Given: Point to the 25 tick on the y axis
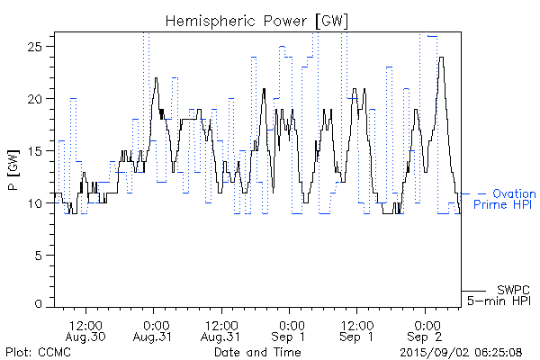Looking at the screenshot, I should (x=40, y=46).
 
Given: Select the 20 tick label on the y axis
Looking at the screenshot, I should (x=40, y=98).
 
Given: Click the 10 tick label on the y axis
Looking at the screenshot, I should (x=40, y=203).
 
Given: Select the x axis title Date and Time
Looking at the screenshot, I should (x=256, y=352).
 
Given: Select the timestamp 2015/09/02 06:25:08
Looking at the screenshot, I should (x=462, y=352).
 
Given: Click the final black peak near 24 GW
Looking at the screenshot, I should (x=441, y=59).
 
